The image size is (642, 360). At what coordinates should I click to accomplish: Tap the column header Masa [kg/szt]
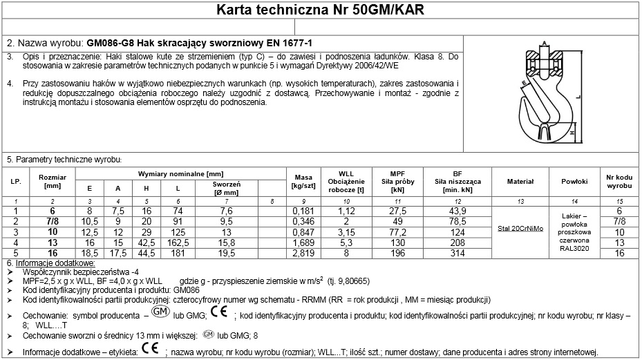point(304,182)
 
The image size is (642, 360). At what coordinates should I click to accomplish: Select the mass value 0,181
point(303,210)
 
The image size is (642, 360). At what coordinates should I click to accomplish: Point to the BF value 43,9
point(457,210)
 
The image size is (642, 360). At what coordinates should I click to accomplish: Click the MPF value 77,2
point(397,232)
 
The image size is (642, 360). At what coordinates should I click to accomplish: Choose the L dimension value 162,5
point(178,243)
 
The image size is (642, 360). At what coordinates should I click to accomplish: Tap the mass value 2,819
point(303,254)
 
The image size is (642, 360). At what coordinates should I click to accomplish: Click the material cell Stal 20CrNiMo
point(520,228)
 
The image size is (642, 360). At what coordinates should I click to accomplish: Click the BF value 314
point(457,254)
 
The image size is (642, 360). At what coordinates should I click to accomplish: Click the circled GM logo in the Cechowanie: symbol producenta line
point(160,313)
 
